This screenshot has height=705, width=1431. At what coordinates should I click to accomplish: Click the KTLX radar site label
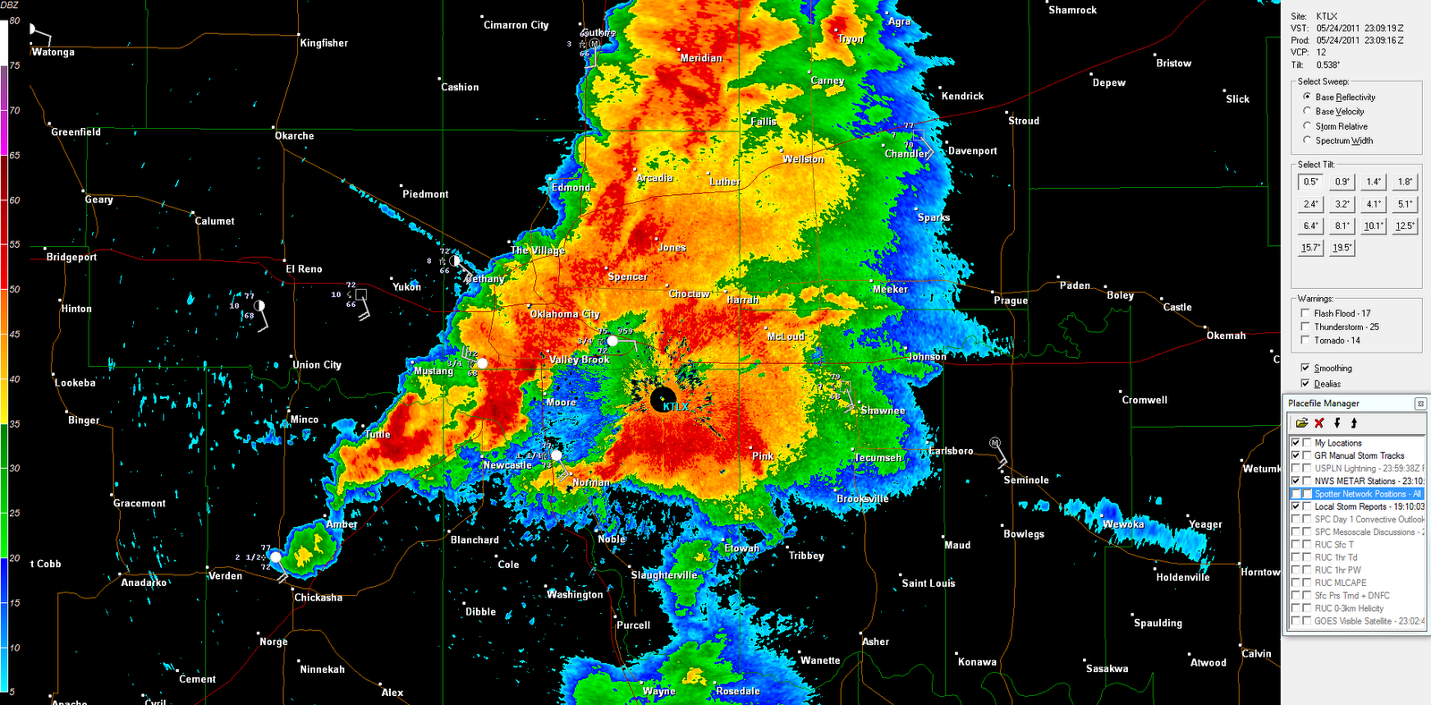(x=675, y=407)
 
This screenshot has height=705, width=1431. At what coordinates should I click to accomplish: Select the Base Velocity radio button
(x=1308, y=112)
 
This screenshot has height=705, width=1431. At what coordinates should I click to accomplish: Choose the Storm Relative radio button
(x=1308, y=126)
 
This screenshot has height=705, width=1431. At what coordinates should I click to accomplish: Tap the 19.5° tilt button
(x=1342, y=248)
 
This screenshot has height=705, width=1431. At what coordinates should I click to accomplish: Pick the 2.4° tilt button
(x=1310, y=204)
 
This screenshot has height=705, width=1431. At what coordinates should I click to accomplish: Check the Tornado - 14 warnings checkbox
(x=1306, y=341)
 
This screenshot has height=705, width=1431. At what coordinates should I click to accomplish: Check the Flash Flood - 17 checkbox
(x=1306, y=313)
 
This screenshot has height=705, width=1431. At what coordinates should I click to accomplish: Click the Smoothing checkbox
(x=1306, y=368)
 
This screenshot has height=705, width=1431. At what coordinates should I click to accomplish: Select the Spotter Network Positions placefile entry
(x=1367, y=494)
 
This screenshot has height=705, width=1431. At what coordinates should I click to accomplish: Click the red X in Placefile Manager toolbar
(x=1319, y=423)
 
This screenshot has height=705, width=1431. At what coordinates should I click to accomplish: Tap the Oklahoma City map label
(x=564, y=314)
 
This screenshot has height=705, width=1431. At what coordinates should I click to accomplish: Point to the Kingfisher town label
(x=324, y=43)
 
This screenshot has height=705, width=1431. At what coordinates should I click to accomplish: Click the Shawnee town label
(x=883, y=411)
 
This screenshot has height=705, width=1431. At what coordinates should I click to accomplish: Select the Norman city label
(x=591, y=482)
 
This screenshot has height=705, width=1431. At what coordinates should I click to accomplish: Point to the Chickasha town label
(x=318, y=598)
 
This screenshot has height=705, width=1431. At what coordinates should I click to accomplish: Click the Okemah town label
(x=1225, y=336)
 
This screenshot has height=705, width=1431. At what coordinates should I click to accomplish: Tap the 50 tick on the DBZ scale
(x=14, y=289)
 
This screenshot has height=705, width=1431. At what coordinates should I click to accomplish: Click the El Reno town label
(x=304, y=269)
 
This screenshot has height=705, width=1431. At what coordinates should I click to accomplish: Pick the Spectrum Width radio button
(x=1308, y=140)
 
